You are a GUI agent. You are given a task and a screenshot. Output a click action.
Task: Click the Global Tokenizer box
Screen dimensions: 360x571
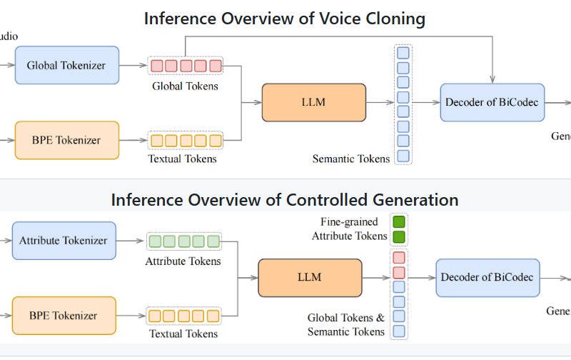click(x=66, y=66)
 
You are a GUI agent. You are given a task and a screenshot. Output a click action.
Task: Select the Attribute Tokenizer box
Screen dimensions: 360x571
click(x=64, y=241)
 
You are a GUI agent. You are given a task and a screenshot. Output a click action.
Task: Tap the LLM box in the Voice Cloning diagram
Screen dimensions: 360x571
click(x=313, y=102)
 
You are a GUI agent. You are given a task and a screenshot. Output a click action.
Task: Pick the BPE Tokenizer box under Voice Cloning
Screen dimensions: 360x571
click(x=66, y=140)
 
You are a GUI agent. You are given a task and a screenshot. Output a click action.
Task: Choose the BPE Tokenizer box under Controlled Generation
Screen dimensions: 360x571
click(x=64, y=315)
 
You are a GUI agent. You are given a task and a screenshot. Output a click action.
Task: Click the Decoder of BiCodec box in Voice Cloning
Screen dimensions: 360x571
click(x=492, y=102)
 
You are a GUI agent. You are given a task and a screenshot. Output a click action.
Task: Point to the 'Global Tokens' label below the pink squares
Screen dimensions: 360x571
click(x=185, y=86)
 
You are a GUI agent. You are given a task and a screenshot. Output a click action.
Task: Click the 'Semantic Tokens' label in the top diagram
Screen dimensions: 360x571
click(x=351, y=159)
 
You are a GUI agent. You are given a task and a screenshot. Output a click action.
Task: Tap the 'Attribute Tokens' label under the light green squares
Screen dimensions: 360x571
click(x=183, y=261)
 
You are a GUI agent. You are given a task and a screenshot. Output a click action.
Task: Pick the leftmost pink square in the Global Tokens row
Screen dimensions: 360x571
click(x=156, y=66)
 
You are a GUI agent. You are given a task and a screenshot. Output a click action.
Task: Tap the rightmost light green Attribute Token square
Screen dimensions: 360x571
click(x=213, y=241)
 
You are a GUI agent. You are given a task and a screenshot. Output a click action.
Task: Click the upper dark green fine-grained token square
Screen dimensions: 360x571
click(x=399, y=221)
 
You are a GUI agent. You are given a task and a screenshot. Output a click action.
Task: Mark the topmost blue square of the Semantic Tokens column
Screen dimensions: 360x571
click(x=403, y=53)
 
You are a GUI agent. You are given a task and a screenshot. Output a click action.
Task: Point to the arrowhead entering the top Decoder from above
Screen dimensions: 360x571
click(x=492, y=78)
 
